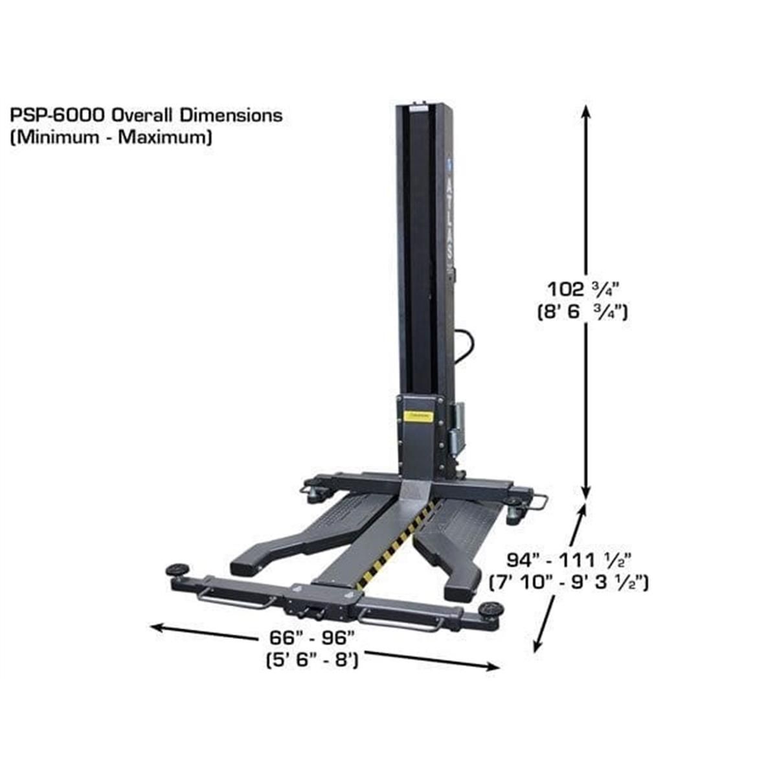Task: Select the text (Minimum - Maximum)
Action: point(111,137)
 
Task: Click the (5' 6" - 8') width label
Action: point(313,661)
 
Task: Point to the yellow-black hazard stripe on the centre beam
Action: point(400,544)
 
